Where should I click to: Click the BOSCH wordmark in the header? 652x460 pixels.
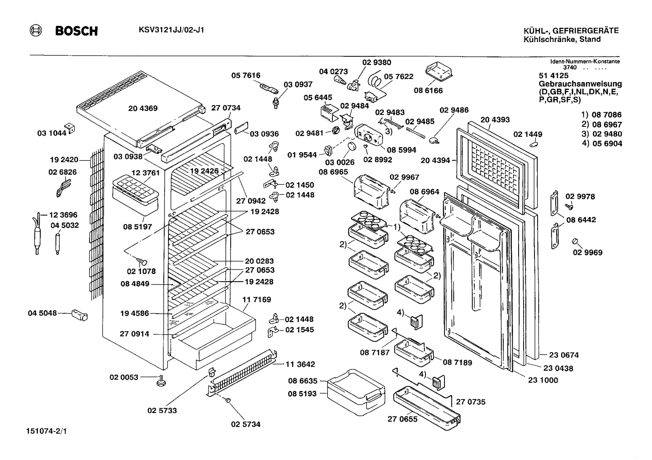pyautogui.click(x=76, y=31)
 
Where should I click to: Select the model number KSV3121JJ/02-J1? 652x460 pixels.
pyautogui.click(x=171, y=30)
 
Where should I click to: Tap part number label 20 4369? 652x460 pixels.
pyautogui.click(x=143, y=108)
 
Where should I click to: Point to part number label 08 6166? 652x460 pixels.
pyautogui.click(x=428, y=90)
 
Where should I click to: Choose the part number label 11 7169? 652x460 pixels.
pyautogui.click(x=256, y=299)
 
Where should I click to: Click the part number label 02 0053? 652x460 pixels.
pyautogui.click(x=124, y=377)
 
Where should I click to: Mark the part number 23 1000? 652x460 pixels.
pyautogui.click(x=543, y=380)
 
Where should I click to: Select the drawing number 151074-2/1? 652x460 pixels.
pyautogui.click(x=46, y=431)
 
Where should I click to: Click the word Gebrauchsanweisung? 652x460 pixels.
pyautogui.click(x=580, y=84)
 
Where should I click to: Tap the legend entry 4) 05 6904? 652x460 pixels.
pyautogui.click(x=602, y=143)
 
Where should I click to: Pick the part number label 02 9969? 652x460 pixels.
pyautogui.click(x=588, y=252)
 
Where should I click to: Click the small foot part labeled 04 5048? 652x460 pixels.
pyautogui.click(x=80, y=315)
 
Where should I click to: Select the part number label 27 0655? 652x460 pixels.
pyautogui.click(x=402, y=419)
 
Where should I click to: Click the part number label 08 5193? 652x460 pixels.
pyautogui.click(x=302, y=394)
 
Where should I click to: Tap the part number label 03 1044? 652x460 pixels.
pyautogui.click(x=52, y=133)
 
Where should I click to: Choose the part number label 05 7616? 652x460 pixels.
pyautogui.click(x=246, y=75)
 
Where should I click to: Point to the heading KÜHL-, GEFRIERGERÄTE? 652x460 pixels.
pyautogui.click(x=571, y=30)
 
